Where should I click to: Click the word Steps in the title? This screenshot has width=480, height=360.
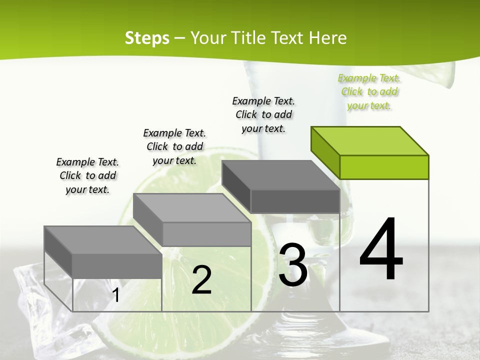tap(146, 38)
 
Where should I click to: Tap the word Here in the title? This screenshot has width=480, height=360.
tap(328, 38)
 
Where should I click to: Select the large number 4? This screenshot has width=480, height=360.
tap(381, 249)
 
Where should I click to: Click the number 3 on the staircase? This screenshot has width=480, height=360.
tap(293, 265)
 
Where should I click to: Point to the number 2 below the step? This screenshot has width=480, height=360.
tap(201, 280)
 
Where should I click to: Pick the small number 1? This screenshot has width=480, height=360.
tap(115, 295)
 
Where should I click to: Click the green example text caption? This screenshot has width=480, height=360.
tap(369, 91)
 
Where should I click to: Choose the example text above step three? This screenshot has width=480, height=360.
tap(263, 114)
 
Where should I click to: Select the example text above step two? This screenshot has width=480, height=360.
tap(174, 146)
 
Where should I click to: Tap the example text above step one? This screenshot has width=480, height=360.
tap(87, 175)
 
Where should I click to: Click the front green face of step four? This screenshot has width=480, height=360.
tap(384, 167)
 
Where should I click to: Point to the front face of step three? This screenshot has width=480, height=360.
tap(295, 201)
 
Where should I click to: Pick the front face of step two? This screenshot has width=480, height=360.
tap(206, 234)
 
